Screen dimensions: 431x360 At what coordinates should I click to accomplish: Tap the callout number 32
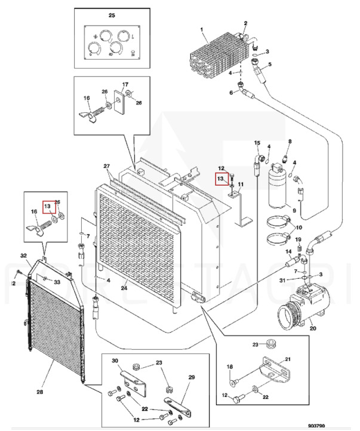coord(24,255)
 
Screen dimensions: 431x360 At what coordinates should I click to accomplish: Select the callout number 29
coord(192,377)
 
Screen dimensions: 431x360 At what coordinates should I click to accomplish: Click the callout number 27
coord(107,166)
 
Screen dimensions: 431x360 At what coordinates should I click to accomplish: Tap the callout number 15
coord(257,143)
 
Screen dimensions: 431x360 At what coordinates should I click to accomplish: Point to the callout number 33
coord(57,282)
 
